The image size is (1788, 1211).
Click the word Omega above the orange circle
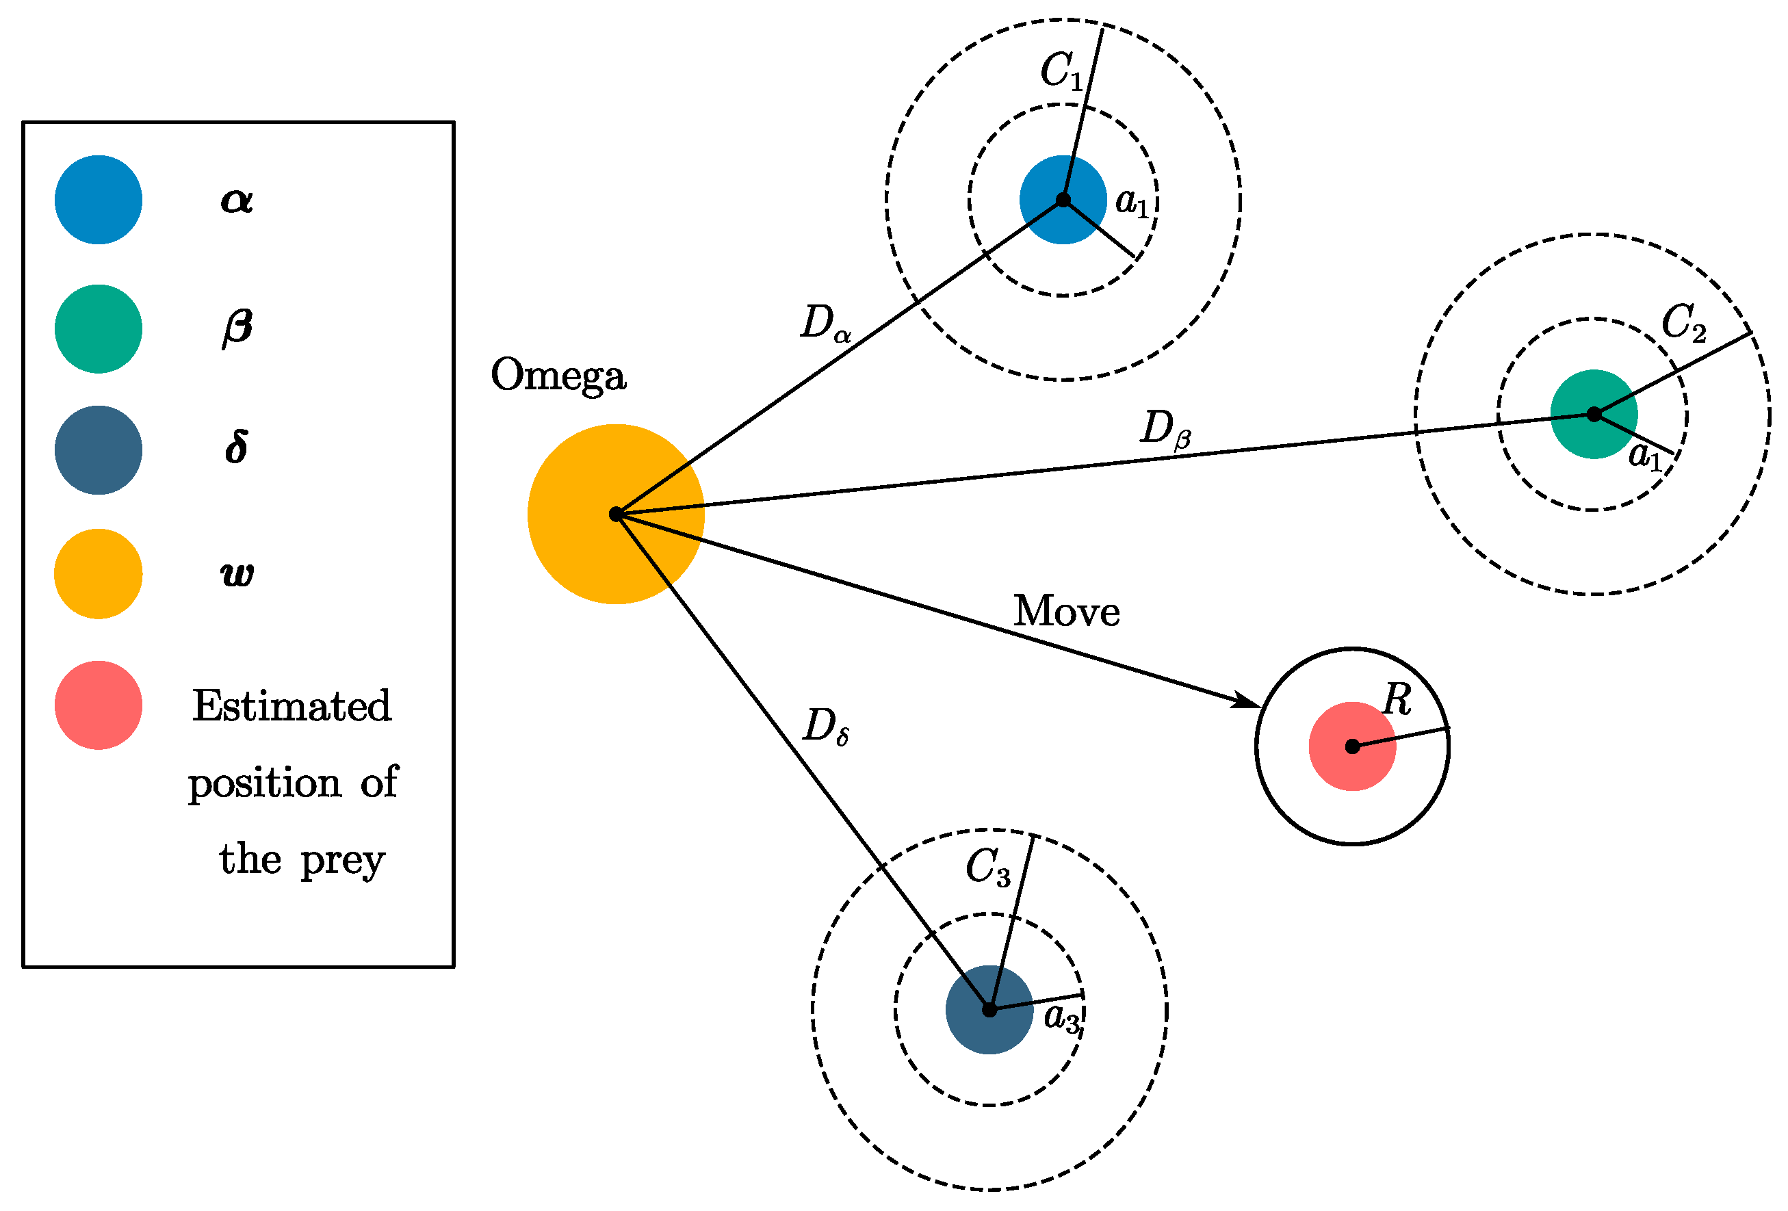click(558, 376)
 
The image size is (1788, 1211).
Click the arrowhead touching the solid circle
click(1245, 701)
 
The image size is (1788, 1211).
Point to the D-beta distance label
click(1164, 428)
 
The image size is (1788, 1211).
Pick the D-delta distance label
click(825, 727)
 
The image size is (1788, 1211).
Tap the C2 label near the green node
click(1683, 323)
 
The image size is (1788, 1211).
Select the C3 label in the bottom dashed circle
click(987, 868)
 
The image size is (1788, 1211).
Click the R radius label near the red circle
click(1397, 700)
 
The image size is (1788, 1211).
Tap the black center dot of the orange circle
click(615, 514)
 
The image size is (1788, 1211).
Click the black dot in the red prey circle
click(1351, 746)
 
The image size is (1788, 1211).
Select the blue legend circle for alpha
click(99, 200)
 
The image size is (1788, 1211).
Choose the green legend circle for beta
click(99, 329)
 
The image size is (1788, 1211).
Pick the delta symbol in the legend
click(236, 447)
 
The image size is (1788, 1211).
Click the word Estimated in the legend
click(291, 706)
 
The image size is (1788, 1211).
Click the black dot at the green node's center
click(1594, 414)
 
